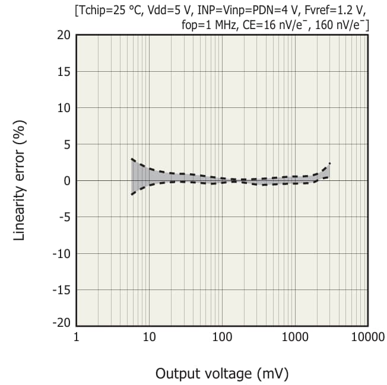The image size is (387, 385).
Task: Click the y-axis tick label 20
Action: pyautogui.click(x=64, y=36)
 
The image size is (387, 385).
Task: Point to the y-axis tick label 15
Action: pyautogui.click(x=64, y=72)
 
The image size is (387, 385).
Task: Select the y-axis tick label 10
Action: pyautogui.click(x=64, y=109)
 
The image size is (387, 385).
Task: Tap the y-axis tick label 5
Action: pyautogui.click(x=67, y=145)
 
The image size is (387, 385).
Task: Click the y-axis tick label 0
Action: pyautogui.click(x=67, y=181)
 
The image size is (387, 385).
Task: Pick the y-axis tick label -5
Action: pyautogui.click(x=65, y=217)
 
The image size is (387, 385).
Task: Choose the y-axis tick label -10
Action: pyautogui.click(x=62, y=254)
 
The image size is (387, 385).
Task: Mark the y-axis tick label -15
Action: pyautogui.click(x=62, y=290)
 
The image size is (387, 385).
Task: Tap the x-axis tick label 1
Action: pyautogui.click(x=77, y=338)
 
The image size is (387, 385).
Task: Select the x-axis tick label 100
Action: pyautogui.click(x=222, y=338)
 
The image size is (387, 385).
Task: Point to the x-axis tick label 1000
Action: pyautogui.click(x=295, y=338)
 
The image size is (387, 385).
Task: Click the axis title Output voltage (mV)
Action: pyautogui.click(x=222, y=374)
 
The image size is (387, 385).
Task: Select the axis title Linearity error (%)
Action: pyautogui.click(x=20, y=180)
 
